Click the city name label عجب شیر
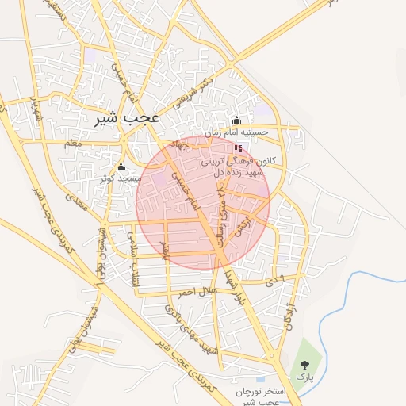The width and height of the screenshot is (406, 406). [x=129, y=117]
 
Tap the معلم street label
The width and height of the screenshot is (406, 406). [x=74, y=143]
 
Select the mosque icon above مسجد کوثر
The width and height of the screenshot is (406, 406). [x=121, y=167]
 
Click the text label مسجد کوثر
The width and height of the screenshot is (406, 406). [x=116, y=178]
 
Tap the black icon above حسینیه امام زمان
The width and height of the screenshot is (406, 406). [x=236, y=120]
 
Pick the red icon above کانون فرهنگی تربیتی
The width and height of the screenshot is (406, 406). [x=238, y=148]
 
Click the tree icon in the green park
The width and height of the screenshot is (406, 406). [x=304, y=364]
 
